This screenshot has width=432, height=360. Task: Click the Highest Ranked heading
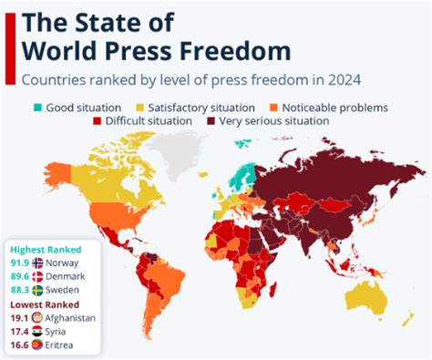tap(46, 249)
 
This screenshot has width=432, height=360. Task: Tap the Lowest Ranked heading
tap(45, 304)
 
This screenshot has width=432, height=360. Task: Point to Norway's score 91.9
tap(19, 262)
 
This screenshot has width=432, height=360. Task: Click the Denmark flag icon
tap(37, 276)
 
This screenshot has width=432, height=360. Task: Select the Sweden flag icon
tap(37, 290)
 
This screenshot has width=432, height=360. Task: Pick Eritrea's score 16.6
tap(19, 345)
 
